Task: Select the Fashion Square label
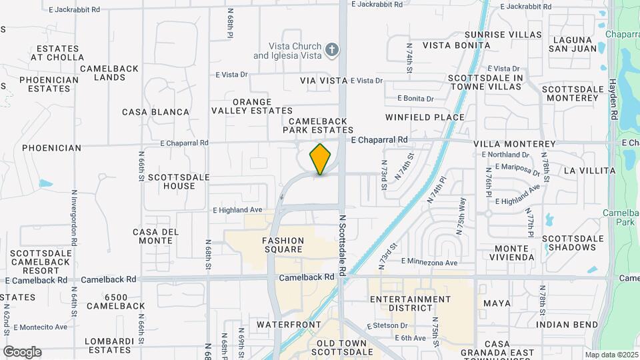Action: pyautogui.click(x=283, y=245)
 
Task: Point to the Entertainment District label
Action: pyautogui.click(x=410, y=303)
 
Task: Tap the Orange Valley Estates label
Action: pyautogui.click(x=252, y=105)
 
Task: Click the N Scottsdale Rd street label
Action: pyautogui.click(x=342, y=245)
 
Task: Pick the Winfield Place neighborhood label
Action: pyautogui.click(x=425, y=117)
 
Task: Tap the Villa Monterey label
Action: pyautogui.click(x=514, y=144)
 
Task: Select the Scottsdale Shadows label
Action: pyautogui.click(x=569, y=243)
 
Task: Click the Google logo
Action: pyautogui.click(x=22, y=352)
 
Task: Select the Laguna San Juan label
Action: pyautogui.click(x=572, y=43)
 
